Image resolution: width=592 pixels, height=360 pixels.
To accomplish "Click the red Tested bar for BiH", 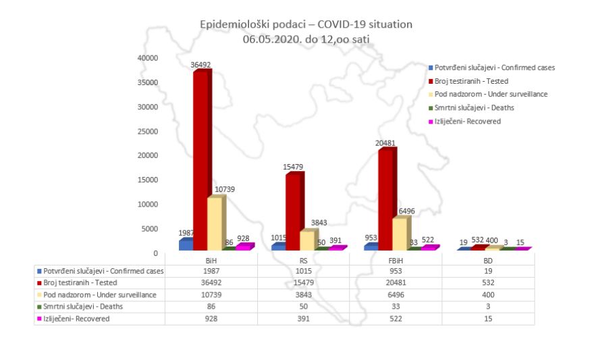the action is [x=202, y=160].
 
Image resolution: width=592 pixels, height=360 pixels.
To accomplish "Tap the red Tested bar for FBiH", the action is [x=387, y=199].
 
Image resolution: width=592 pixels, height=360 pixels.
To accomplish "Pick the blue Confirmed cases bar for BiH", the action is [x=186, y=245].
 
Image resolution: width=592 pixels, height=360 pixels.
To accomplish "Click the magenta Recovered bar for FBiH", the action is [x=431, y=247].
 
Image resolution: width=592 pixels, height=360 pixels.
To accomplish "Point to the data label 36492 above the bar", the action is [x=200, y=65].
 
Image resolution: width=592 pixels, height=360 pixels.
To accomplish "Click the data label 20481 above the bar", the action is [x=385, y=143].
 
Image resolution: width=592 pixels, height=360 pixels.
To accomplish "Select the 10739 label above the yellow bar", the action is [x=225, y=189].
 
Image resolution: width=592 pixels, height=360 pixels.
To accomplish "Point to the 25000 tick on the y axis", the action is [x=148, y=132].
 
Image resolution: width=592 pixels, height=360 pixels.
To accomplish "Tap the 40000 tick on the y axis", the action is [x=148, y=58].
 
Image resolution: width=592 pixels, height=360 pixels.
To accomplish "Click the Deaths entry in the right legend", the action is [x=471, y=107].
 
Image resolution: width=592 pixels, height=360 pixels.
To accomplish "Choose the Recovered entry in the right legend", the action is [x=464, y=122].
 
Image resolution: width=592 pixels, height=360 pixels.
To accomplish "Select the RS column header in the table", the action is [x=304, y=261].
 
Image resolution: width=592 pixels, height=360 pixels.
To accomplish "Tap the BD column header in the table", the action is [x=488, y=261].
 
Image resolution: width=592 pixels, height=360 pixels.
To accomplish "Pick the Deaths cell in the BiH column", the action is [x=211, y=307].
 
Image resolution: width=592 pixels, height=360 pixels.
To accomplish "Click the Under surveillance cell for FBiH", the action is [x=396, y=294].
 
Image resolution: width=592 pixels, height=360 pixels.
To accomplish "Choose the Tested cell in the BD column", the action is [x=488, y=282].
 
